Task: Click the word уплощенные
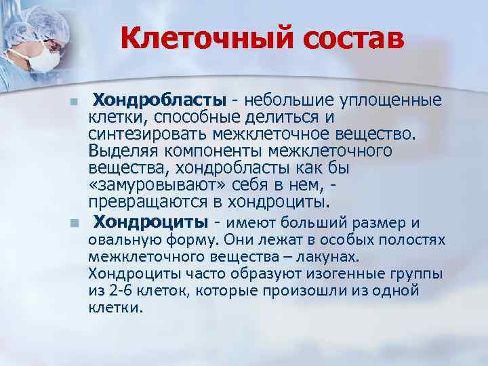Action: pos(394,101)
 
